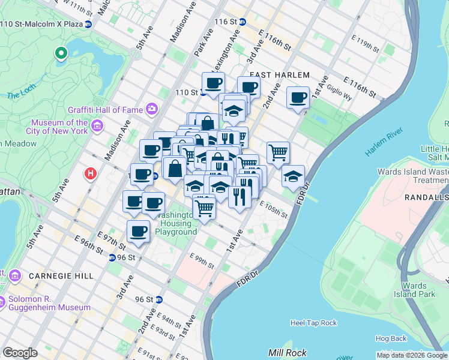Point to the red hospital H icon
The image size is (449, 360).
91,174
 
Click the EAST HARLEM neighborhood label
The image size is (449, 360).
279,75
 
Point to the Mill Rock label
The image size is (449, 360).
288,353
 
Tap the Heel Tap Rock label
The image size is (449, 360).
313,323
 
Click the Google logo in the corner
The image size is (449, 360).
20,353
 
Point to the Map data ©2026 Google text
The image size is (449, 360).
412,355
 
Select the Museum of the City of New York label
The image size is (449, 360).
59,127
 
